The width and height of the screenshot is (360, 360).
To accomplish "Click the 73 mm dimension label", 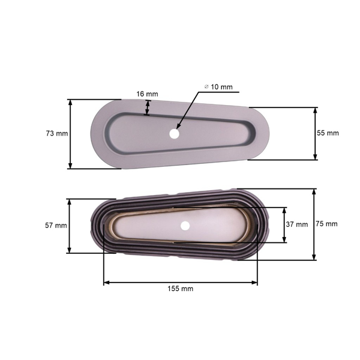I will pos(57,133).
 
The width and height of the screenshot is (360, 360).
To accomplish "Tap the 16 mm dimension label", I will pos(147,94).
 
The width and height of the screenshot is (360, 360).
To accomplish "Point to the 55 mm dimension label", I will pos(328,133).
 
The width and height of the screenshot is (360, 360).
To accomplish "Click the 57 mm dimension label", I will pos(56,226).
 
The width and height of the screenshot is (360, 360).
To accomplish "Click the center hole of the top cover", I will pos(174,134).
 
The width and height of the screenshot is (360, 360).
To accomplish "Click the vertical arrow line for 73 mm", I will pos(71,134).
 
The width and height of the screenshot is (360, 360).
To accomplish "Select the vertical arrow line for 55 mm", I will pos(315,134).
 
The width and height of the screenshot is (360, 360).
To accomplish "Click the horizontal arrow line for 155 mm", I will pos(180,281).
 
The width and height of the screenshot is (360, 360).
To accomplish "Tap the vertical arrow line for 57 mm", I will pos(71,226).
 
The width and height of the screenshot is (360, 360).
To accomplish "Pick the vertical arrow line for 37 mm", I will pos(284,224).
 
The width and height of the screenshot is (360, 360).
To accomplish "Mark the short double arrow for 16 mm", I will pos(148,107).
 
